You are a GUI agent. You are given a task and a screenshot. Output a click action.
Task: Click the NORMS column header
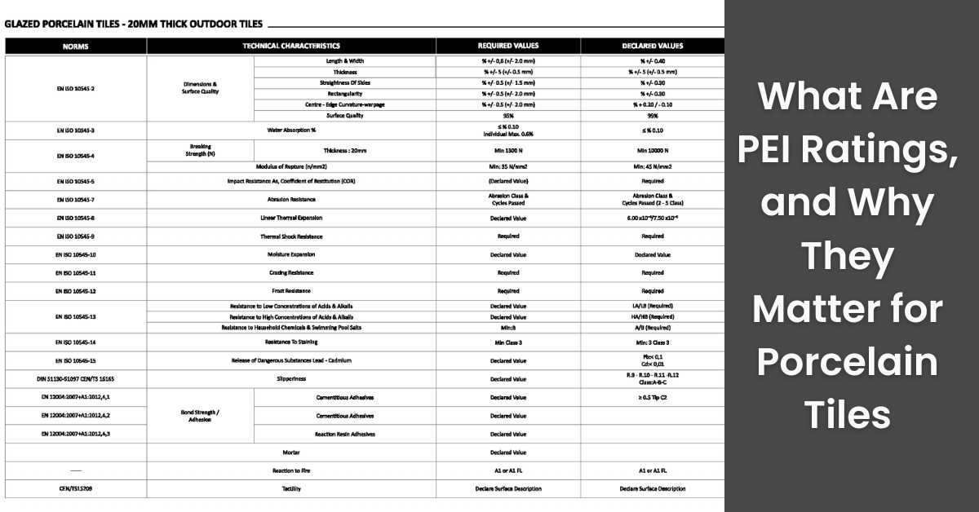click(76, 46)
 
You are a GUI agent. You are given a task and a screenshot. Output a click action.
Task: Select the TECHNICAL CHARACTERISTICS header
click(291, 46)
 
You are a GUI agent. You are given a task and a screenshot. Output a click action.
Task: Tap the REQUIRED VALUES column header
click(507, 46)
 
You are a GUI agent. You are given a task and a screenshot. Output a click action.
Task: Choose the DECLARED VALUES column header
click(653, 46)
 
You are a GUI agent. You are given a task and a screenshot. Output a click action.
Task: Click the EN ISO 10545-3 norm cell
click(76, 130)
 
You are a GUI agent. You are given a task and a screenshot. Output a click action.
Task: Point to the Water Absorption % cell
click(291, 130)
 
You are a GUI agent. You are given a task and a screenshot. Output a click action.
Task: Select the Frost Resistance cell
click(291, 290)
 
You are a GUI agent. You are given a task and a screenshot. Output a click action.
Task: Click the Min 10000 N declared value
click(653, 151)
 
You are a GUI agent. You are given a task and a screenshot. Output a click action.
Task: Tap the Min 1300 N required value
click(507, 151)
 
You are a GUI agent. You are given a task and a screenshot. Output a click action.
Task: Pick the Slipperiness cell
click(291, 378)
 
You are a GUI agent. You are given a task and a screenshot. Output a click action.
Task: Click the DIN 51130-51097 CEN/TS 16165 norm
click(76, 378)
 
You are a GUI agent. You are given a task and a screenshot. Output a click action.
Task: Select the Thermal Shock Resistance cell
click(291, 236)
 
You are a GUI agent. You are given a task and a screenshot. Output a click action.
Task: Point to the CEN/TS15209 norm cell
click(76, 488)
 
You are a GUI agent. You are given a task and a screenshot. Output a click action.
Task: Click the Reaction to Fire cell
click(291, 470)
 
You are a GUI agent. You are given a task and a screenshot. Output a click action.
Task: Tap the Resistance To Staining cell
click(291, 342)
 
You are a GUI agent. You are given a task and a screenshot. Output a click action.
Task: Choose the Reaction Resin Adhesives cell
click(345, 434)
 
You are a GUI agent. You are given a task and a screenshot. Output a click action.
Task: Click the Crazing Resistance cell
click(291, 272)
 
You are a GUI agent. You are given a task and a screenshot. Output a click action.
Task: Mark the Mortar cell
click(291, 452)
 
